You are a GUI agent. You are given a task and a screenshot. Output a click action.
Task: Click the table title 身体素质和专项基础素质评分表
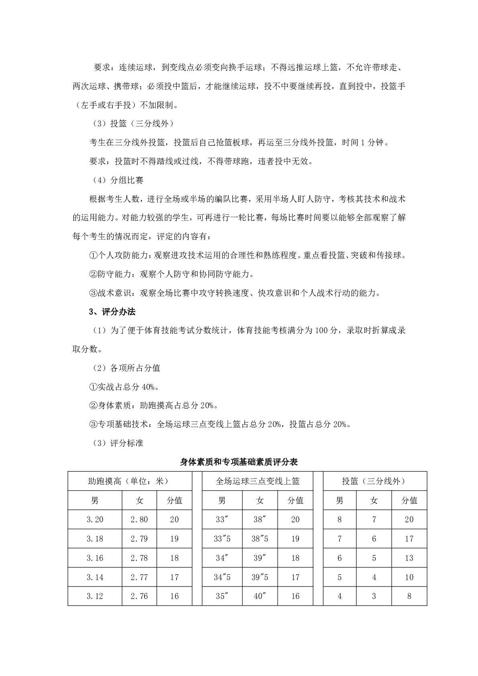click(239, 462)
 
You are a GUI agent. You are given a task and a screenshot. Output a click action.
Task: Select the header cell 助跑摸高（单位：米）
click(128, 481)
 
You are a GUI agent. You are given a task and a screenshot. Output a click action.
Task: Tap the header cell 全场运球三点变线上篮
click(258, 481)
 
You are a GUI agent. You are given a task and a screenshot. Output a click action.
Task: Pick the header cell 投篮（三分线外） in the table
click(374, 481)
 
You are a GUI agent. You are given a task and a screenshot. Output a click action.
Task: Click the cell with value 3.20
click(95, 519)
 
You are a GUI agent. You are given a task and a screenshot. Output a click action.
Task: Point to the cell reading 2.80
click(139, 519)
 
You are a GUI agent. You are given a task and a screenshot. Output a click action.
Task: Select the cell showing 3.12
click(95, 596)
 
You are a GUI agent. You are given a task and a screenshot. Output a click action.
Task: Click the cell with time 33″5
click(222, 539)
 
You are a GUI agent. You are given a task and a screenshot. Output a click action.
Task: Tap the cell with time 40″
click(260, 596)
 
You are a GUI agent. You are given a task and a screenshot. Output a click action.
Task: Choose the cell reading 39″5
click(260, 577)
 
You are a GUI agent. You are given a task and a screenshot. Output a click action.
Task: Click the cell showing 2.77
click(139, 577)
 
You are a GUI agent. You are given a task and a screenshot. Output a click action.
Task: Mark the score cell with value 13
click(409, 558)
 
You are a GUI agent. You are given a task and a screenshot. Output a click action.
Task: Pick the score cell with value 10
click(409, 577)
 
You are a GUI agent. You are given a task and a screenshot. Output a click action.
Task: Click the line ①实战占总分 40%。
click(124, 387)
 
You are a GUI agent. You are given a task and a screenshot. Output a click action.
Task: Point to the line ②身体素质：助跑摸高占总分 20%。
click(154, 405)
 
